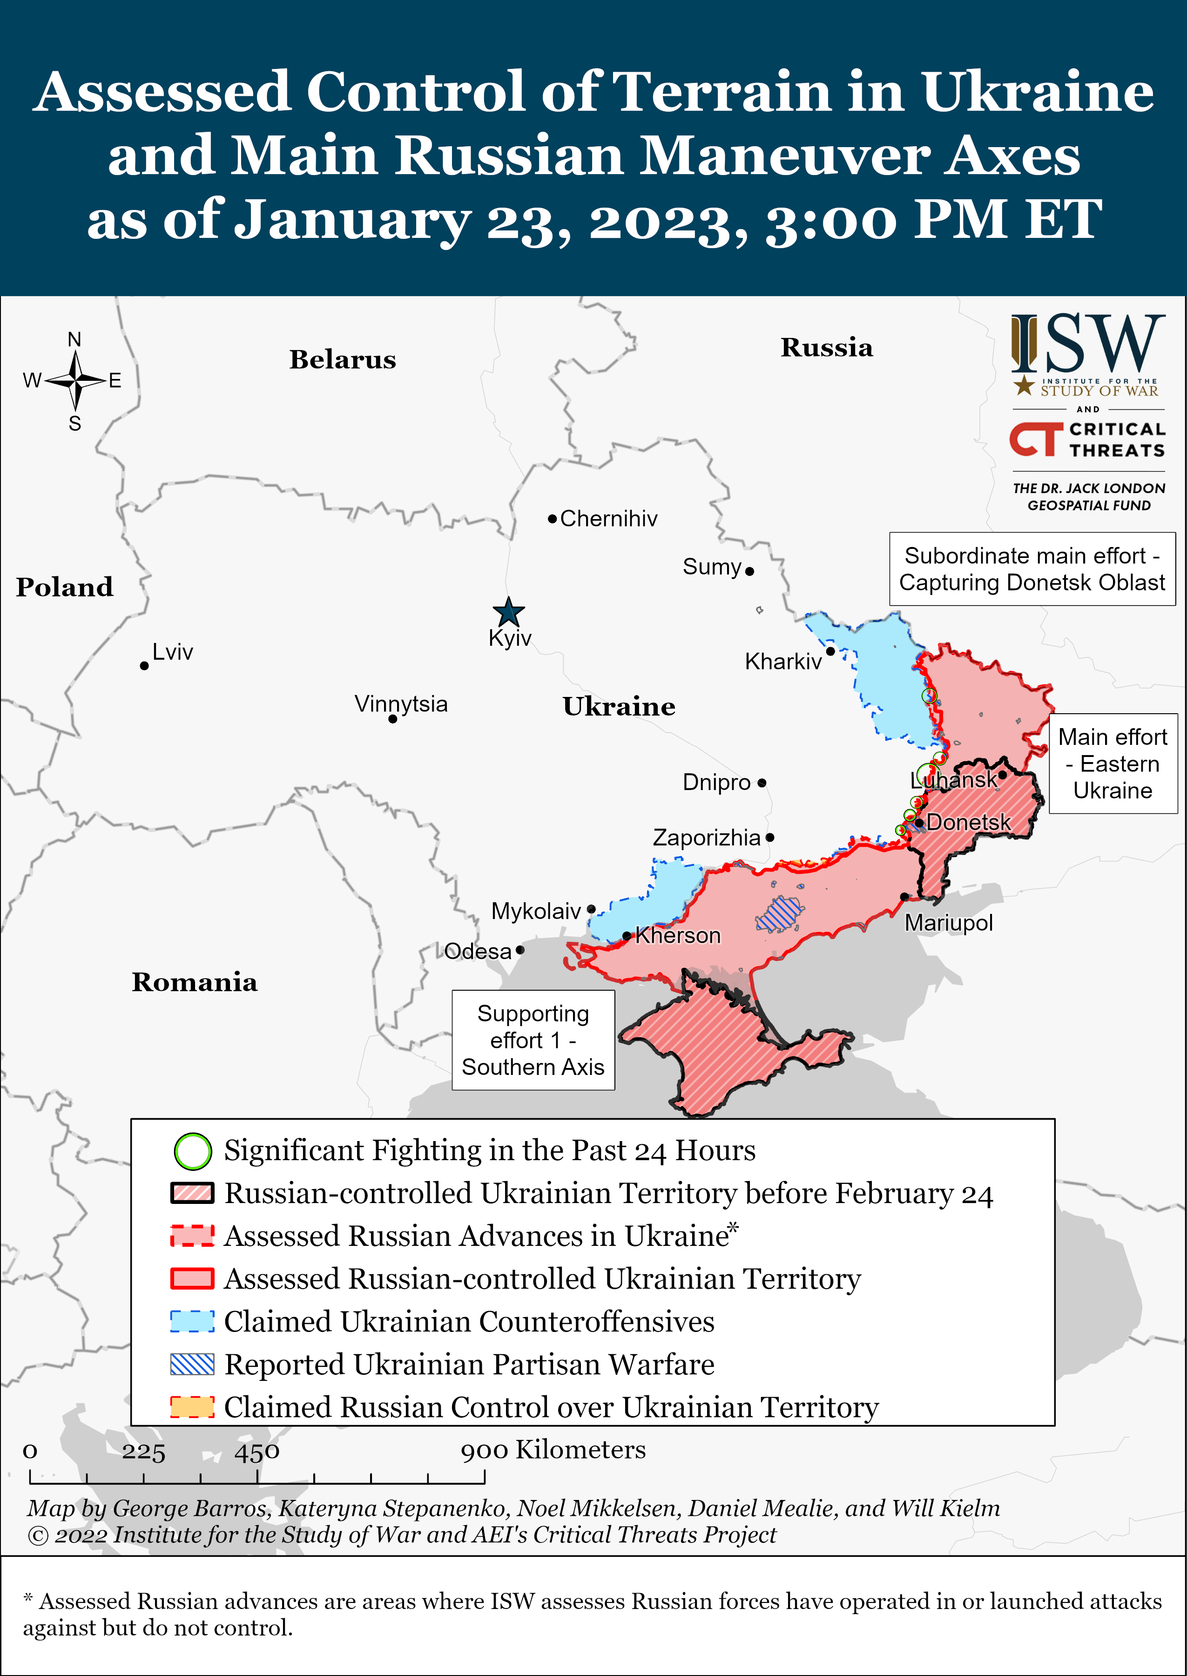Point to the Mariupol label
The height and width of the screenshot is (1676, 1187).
pos(948,923)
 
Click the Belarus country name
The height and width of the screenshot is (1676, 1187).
pos(342,359)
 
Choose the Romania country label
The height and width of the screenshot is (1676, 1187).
pos(195,982)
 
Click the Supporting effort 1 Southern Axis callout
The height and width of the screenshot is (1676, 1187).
pos(533,1040)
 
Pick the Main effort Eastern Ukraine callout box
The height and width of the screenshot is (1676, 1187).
pos(1113,764)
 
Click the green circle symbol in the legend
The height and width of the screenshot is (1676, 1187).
pos(192,1151)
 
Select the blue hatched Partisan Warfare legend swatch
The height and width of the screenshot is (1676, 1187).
pos(192,1365)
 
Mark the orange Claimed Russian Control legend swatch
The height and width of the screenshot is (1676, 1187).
pos(192,1407)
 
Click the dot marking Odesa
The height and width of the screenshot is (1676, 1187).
pos(519,950)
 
